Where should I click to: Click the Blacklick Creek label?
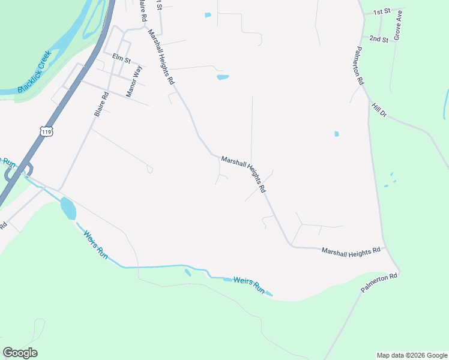35,71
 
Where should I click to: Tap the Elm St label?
121,58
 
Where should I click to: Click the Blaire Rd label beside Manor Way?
101,104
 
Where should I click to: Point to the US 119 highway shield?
46,130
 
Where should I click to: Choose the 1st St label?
382,11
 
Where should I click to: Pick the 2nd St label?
379,38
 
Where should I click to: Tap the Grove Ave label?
397,28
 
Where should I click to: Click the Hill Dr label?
379,110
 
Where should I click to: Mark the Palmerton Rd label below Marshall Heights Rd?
379,284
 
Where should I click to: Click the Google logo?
20,352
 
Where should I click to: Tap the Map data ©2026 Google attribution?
412,355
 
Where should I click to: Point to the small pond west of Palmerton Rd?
336,134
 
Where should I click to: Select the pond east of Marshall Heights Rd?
223,77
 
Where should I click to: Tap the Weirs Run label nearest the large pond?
95,245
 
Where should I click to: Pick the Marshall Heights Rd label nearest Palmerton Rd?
351,250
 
